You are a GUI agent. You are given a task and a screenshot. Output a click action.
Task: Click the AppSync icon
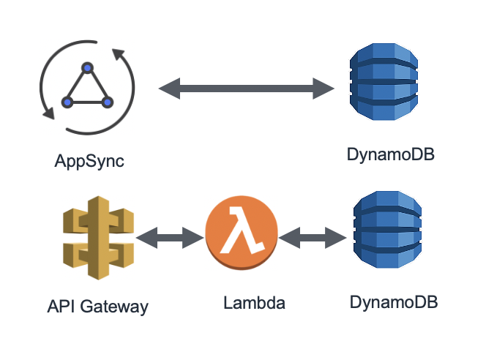87,89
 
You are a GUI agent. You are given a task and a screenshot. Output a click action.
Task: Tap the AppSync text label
89,160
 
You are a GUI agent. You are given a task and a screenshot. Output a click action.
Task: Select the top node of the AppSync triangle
87,68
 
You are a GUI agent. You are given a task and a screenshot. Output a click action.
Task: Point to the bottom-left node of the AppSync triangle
67,102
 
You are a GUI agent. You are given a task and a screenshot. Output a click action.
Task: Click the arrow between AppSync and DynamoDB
247,89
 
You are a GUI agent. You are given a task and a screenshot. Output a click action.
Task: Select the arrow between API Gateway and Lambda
169,236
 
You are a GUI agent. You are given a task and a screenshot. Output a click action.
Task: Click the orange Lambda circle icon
241,236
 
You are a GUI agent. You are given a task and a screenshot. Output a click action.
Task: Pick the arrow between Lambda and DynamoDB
312,236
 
